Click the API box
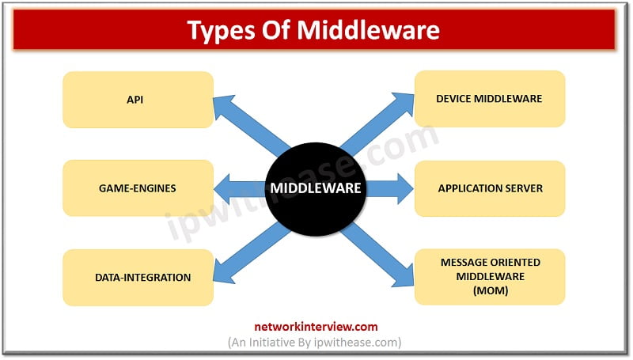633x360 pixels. coord(138,100)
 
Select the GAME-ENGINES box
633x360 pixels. coord(138,188)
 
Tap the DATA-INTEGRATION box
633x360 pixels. coord(138,277)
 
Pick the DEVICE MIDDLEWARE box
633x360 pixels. coord(490,99)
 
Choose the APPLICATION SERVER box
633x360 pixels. coord(490,188)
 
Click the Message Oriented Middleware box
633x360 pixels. coord(490,277)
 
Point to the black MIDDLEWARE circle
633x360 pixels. coord(316,188)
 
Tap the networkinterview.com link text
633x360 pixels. coord(316,325)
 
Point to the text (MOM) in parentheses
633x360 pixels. coord(490,290)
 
